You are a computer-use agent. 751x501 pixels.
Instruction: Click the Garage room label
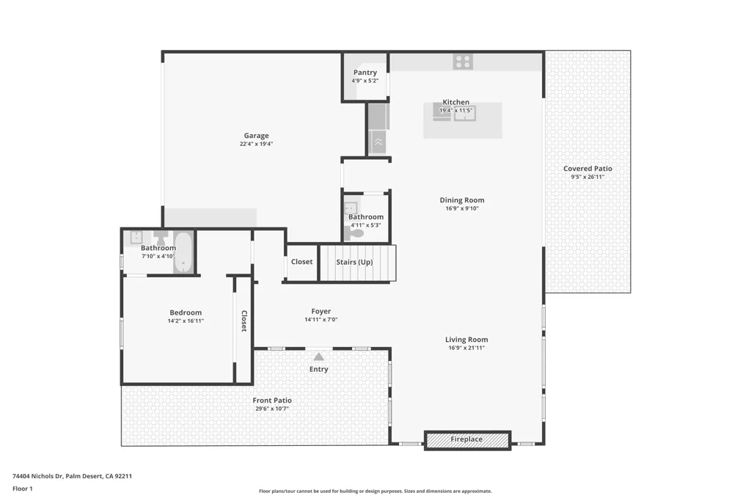coord(256,135)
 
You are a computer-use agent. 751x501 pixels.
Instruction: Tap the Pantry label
coord(364,73)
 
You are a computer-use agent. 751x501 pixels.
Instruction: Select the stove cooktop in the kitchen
coord(463,62)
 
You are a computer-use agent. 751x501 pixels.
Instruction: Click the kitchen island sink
coord(465,113)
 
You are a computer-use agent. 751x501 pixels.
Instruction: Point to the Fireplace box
coord(466,439)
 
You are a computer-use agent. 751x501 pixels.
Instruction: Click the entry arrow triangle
coord(318,356)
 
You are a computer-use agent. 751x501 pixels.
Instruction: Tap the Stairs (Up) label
coord(354,262)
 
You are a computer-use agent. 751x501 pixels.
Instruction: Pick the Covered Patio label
coord(587,169)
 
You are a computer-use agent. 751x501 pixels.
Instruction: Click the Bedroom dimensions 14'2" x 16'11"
coord(186,321)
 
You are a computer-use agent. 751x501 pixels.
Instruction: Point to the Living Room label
coord(466,340)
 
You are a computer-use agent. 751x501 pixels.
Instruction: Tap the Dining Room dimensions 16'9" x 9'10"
coord(462,208)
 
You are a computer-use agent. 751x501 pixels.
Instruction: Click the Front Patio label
coord(272,401)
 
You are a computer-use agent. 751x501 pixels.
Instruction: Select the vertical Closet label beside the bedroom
coord(244,321)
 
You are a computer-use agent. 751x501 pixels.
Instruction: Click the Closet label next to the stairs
coord(301,262)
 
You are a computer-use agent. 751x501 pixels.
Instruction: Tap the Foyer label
coord(320,312)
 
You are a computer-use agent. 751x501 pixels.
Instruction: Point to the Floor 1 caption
coord(23,489)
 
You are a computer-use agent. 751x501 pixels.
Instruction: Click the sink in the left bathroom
coord(136,237)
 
